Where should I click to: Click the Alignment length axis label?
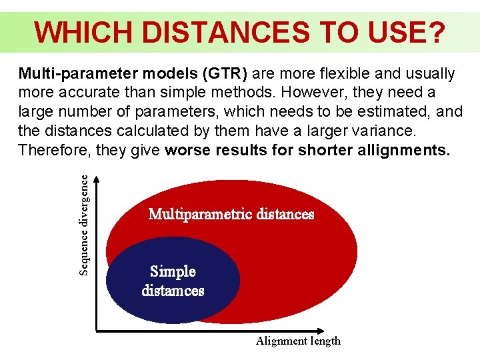pyautogui.click(x=298, y=341)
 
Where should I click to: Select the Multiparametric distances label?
pyautogui.click(x=231, y=214)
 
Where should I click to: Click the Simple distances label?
pyautogui.click(x=173, y=281)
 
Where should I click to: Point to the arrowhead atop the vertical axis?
pyautogui.click(x=97, y=179)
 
